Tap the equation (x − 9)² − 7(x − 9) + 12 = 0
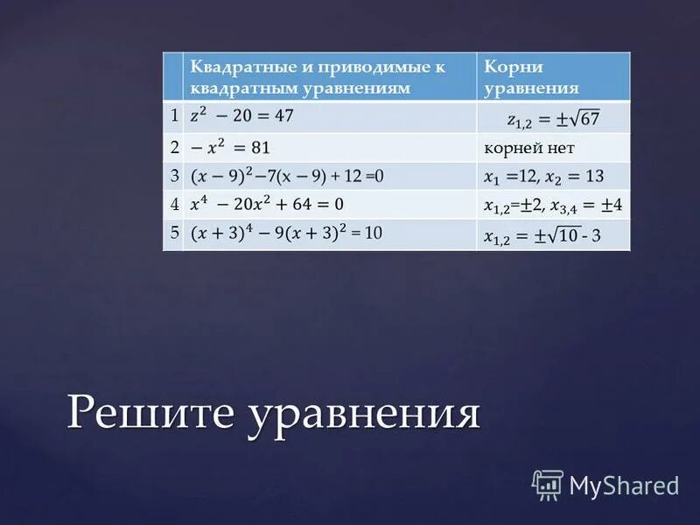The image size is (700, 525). click(287, 176)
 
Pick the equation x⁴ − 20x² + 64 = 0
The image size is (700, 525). click(267, 205)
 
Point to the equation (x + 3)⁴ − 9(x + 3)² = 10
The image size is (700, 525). click(286, 234)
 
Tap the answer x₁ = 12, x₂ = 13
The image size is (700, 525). click(543, 176)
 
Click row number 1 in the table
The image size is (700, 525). click(173, 115)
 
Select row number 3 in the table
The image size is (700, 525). click(173, 175)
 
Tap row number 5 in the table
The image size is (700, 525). click(173, 233)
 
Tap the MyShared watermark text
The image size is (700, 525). click(624, 485)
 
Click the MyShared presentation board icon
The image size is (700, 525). click(548, 484)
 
